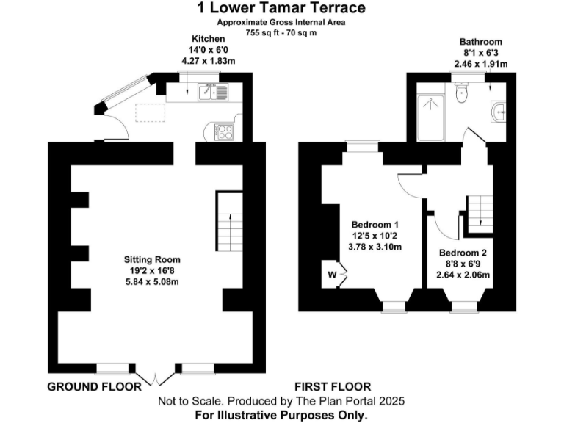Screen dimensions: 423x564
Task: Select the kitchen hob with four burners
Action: [x=223, y=131]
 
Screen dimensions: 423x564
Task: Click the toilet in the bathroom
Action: [x=461, y=93]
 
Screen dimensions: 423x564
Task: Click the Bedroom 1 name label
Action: [x=375, y=224]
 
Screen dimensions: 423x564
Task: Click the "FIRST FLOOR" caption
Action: [x=333, y=386]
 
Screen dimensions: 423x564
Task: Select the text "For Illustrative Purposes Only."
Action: [x=281, y=415]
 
